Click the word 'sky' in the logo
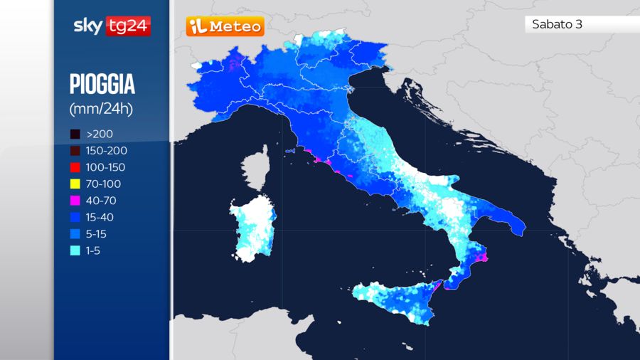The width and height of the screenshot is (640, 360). point(88,26)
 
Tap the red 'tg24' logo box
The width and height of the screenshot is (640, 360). point(127,26)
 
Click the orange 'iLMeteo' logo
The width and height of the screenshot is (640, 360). point(225,27)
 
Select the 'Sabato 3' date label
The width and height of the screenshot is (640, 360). point(557,24)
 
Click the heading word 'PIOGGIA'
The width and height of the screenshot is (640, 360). point(102,85)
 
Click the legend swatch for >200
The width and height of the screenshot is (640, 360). point(75,134)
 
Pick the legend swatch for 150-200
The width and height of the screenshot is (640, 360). point(75,151)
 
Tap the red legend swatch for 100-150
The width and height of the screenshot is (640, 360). point(75,167)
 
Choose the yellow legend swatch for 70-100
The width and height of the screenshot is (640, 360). point(75,184)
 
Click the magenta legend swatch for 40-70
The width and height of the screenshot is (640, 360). point(75,201)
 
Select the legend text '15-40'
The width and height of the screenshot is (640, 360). point(100,218)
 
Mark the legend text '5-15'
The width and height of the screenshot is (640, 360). point(97,234)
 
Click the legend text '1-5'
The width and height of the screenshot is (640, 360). point(94,251)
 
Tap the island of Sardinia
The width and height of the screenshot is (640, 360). point(252,228)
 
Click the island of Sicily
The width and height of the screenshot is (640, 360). point(398,299)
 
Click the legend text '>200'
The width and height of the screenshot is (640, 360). point(100,134)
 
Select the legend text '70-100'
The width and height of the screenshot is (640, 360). point(103,184)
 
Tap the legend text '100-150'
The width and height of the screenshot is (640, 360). point(106,167)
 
